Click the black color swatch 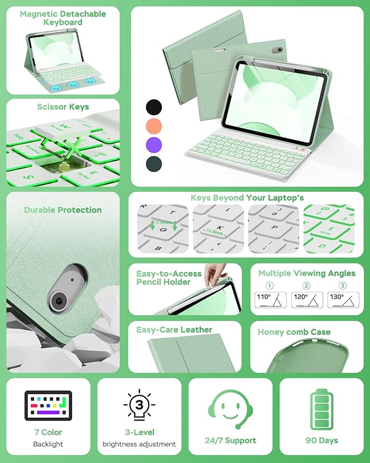click(154, 106)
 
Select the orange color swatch click(154, 127)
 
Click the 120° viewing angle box click(307, 299)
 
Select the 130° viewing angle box click(343, 299)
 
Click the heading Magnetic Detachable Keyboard click(63, 18)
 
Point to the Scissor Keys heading click(63, 106)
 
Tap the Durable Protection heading click(63, 210)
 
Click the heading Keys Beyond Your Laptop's click(247, 198)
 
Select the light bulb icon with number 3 click(139, 406)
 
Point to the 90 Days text click(321, 440)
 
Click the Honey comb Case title click(294, 332)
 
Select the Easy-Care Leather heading click(174, 329)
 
